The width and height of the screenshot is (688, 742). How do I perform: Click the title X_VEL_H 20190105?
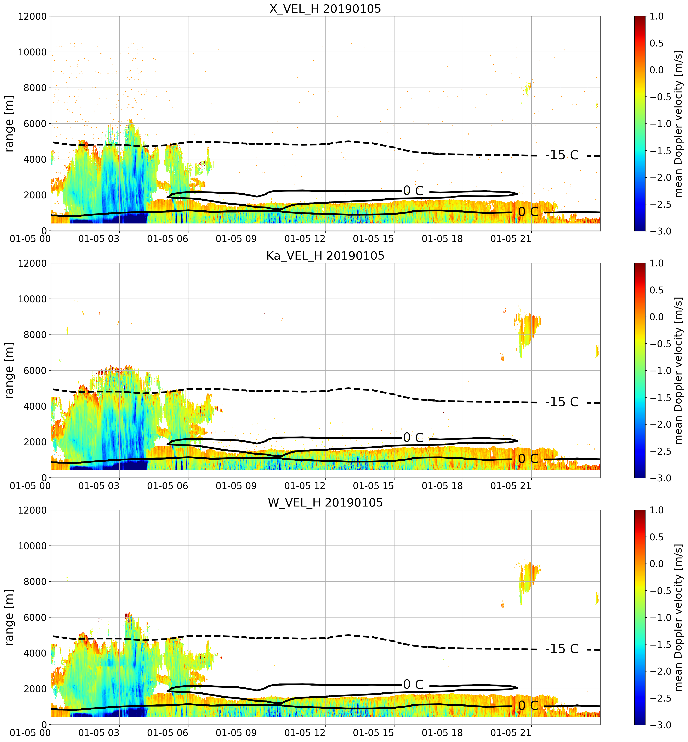(325, 9)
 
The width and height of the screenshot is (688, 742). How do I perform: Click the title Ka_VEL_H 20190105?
(325, 256)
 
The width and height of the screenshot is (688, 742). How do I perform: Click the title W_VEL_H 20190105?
(325, 503)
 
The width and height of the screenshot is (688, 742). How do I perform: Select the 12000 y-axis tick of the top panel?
(32, 16)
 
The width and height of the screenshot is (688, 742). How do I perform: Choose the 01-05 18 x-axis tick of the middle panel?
(442, 486)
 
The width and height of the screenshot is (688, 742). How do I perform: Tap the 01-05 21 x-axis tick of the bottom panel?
(511, 733)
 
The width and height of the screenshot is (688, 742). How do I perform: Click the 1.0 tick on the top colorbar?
(657, 16)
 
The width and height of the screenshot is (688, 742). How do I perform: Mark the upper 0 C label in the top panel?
(413, 191)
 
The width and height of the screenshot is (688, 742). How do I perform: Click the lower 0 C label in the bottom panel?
(528, 706)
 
